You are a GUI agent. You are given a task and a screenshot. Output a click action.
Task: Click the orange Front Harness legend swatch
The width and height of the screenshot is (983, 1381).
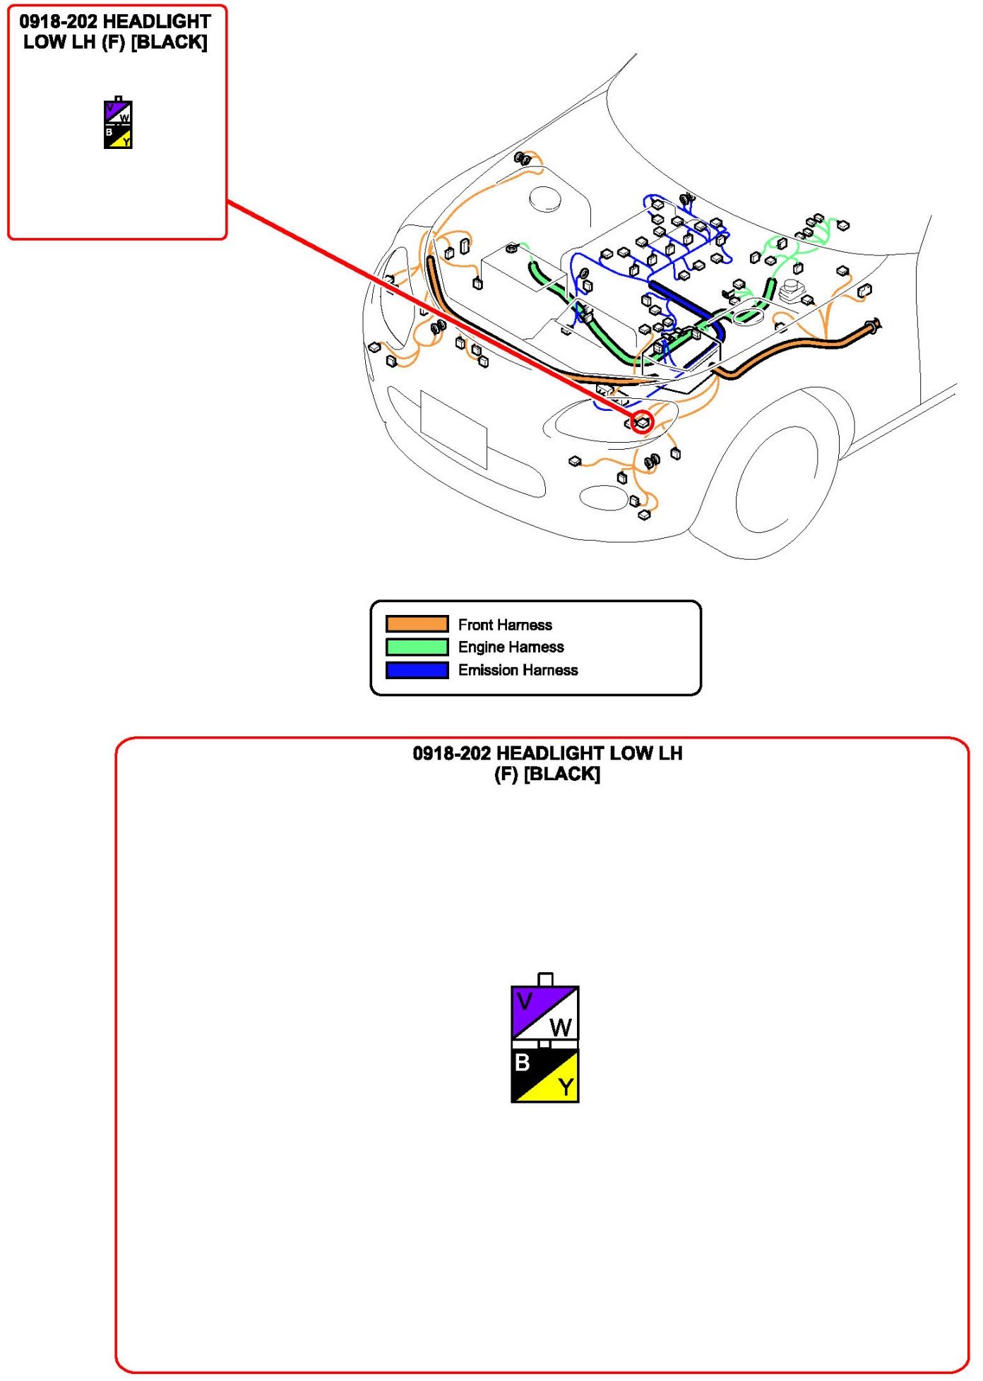click(x=417, y=624)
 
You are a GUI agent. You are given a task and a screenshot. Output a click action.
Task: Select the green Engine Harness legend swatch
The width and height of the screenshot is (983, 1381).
click(x=417, y=647)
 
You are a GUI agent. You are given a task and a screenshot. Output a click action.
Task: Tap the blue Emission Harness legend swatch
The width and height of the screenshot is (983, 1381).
click(x=417, y=670)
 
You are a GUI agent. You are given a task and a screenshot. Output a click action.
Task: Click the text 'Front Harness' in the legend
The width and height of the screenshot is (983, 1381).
click(x=505, y=625)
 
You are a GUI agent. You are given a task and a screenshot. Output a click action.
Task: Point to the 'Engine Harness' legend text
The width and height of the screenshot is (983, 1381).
click(x=511, y=647)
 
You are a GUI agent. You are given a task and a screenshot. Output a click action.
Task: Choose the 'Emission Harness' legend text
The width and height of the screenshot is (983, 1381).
click(x=518, y=670)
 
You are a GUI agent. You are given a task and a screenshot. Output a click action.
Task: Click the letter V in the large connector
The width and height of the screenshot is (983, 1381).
click(x=524, y=1001)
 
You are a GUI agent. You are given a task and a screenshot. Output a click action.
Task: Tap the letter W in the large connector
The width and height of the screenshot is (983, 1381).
click(x=561, y=1027)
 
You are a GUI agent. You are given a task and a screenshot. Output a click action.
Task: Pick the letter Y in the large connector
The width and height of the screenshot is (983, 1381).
click(x=566, y=1087)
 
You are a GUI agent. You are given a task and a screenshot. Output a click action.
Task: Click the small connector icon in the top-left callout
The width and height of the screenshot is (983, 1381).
click(x=118, y=124)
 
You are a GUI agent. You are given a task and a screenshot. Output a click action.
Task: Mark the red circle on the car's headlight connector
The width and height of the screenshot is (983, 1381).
click(x=642, y=422)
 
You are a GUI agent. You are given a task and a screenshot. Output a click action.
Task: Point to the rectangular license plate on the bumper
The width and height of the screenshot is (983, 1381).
click(x=453, y=429)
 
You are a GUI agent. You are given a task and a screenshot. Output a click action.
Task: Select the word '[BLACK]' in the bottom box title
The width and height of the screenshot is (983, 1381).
click(x=563, y=775)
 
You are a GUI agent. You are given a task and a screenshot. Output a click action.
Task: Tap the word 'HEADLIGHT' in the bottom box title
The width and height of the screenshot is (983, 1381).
click(x=551, y=753)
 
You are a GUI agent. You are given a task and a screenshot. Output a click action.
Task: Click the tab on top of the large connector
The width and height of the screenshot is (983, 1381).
click(x=545, y=979)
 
